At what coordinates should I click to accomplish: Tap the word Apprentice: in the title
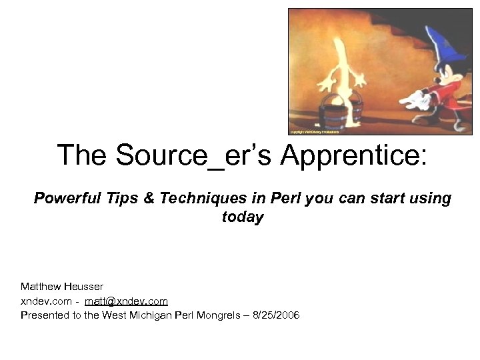(x=353, y=155)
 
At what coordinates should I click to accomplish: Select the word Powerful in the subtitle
(x=65, y=198)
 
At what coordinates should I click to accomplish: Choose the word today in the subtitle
(x=242, y=217)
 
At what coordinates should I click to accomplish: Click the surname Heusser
(x=83, y=287)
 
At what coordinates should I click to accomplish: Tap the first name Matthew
(x=41, y=287)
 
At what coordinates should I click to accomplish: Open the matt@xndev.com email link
(x=126, y=301)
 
